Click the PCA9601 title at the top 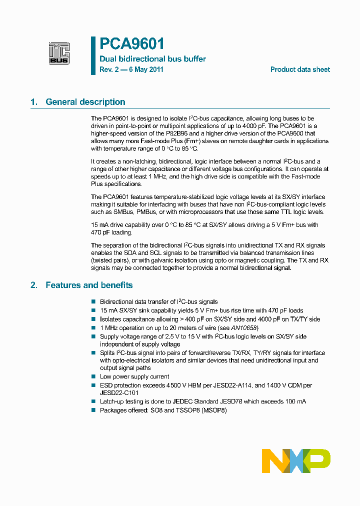(132, 44)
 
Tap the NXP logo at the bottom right (296, 460)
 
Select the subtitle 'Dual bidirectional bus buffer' (152, 59)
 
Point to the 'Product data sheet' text (300, 69)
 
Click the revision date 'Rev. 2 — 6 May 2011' (131, 69)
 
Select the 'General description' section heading (85, 102)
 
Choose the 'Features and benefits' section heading (89, 285)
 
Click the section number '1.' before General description (34, 102)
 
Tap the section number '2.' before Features (34, 285)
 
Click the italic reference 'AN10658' (244, 327)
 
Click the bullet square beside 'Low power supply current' (93, 376)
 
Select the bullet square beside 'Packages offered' (93, 410)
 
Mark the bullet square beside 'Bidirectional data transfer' (93, 302)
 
